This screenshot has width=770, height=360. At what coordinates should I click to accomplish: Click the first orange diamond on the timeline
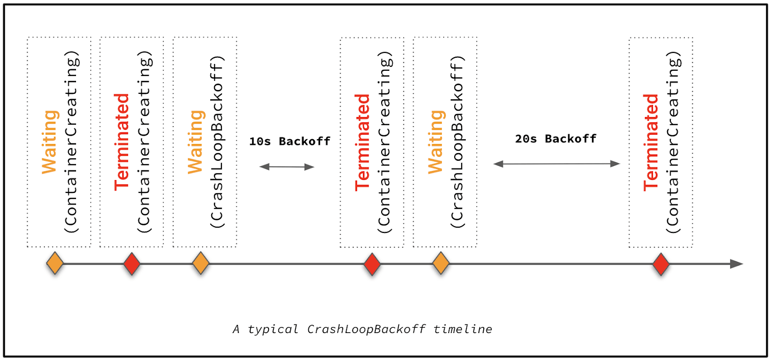coord(55,263)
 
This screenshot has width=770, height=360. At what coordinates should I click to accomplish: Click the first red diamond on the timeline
coord(131,264)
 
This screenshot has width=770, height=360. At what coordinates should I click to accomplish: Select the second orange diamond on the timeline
coord(200,264)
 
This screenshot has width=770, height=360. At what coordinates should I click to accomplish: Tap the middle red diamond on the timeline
coord(372,264)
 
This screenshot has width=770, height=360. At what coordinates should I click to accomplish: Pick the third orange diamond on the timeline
coord(440,264)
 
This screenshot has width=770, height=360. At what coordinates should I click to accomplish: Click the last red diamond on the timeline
coord(661,264)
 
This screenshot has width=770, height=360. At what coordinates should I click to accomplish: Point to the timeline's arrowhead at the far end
coord(737,264)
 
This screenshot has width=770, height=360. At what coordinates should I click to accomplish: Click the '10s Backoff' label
coord(290,141)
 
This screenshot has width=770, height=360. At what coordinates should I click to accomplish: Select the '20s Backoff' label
coord(555,139)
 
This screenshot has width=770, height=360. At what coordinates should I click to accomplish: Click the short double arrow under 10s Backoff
coord(287,167)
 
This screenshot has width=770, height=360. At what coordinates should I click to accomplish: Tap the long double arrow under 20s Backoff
coord(557,164)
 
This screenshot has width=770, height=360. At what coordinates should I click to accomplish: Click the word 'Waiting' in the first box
coord(50,142)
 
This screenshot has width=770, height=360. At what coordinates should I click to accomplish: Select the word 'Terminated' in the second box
coord(122,142)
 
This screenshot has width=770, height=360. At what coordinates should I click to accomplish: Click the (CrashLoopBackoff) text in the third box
coord(217,142)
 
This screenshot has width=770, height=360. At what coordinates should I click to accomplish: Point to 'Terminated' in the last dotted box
coord(651,142)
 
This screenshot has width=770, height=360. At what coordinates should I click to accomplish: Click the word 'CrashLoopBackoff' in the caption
coord(366,329)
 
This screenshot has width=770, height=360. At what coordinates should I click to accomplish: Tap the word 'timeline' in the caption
coord(462,329)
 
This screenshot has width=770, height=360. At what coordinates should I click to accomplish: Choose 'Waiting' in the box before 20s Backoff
coord(436,142)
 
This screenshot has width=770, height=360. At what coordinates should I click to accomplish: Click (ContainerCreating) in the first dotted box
coord(71,142)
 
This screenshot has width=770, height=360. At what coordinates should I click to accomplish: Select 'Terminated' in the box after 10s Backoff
coord(362,142)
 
